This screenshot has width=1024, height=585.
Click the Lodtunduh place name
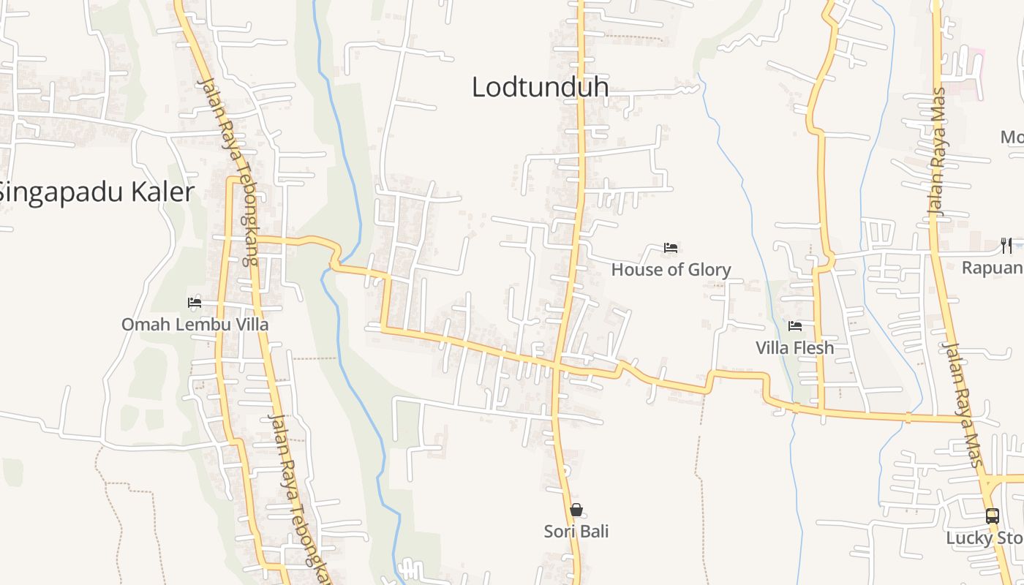tap(540, 87)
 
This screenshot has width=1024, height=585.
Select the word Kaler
tap(163, 192)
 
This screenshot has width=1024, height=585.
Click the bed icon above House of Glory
tap(670, 248)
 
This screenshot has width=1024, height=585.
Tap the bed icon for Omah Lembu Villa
tap(195, 302)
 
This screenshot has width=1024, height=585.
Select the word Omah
tap(140, 324)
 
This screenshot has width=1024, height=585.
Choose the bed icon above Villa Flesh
tap(795, 326)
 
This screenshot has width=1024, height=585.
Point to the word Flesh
tap(813, 348)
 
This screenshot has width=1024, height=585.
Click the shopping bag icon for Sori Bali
tap(576, 510)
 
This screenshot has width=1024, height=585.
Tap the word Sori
tap(559, 532)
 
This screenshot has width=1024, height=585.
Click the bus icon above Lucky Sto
tap(992, 516)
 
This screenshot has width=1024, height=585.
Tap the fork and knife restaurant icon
tap(1006, 245)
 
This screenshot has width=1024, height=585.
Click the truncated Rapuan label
tap(992, 268)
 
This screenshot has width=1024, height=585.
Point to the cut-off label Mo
tap(1012, 137)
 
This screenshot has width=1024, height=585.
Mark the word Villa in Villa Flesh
tap(772, 348)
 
